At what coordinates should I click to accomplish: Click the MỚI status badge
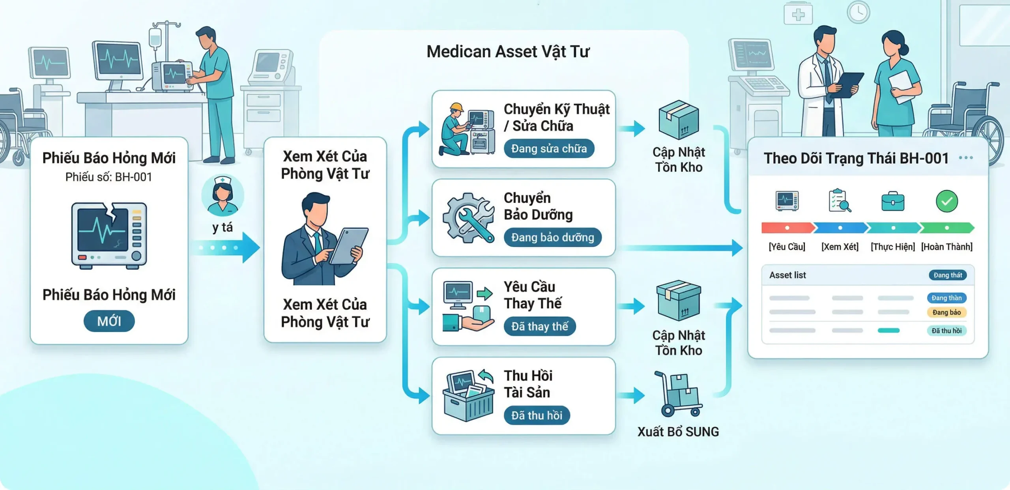point(109,321)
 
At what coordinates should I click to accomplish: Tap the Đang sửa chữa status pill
point(549,149)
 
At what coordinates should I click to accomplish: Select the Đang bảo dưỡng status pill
point(552,238)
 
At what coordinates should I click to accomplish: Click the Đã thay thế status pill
point(539,327)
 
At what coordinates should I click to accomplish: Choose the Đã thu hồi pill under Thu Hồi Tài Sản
point(537,415)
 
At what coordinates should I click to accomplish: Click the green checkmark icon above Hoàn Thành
point(946,201)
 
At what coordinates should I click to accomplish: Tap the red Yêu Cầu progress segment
point(787,228)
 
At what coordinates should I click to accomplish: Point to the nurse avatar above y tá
point(223,195)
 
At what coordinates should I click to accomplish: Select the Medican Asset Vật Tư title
point(508,52)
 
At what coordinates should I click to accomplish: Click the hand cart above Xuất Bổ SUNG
point(678,394)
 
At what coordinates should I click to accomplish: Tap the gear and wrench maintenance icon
point(469,217)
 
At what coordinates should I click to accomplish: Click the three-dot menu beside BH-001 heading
point(965,158)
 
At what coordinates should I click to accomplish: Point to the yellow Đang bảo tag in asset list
point(946,312)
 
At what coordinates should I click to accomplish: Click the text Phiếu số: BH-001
point(109,177)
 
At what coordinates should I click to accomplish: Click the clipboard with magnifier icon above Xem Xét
point(840,201)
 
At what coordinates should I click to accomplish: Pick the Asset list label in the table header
point(787,275)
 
